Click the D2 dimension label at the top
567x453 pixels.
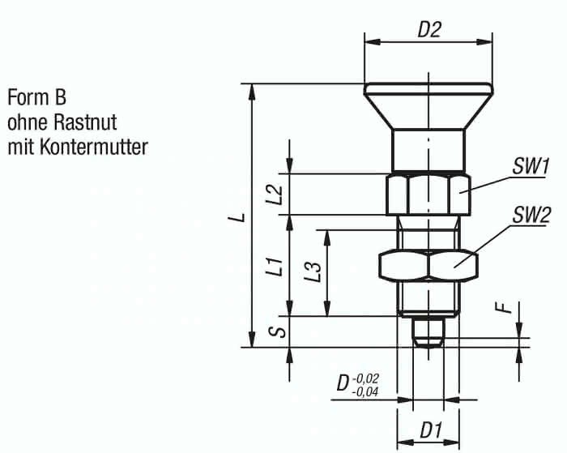coord(428,30)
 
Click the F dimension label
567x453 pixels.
coord(505,308)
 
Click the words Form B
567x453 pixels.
coord(36,99)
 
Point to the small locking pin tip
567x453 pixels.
coord(428,331)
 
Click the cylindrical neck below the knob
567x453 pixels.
coord(428,149)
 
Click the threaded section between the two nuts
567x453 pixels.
coord(428,235)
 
